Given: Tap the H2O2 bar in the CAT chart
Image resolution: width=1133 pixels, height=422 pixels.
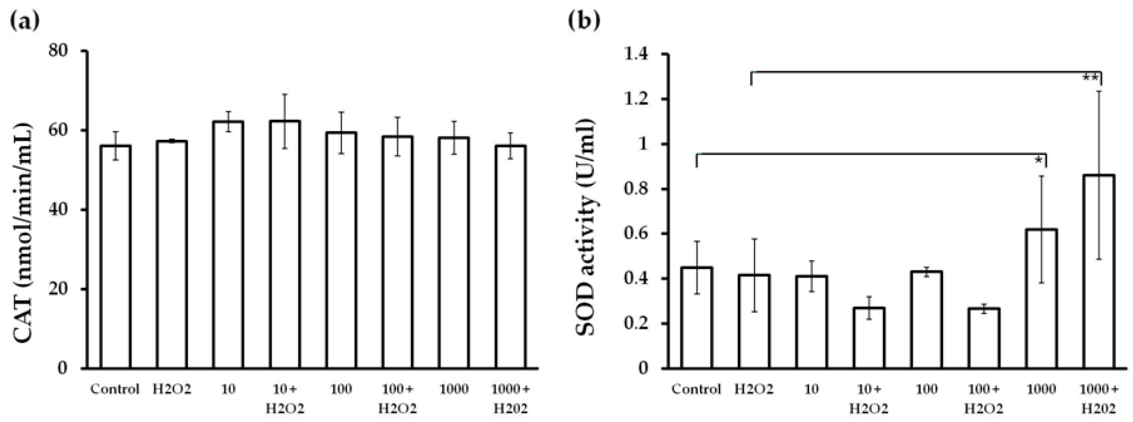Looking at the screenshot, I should coord(172,254).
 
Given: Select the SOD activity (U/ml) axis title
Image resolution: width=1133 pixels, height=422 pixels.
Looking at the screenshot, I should coord(587,210).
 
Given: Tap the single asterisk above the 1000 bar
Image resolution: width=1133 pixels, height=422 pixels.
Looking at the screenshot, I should coord(1038,161).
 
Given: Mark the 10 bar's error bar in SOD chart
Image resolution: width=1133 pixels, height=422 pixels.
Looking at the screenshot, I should coord(812,276).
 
